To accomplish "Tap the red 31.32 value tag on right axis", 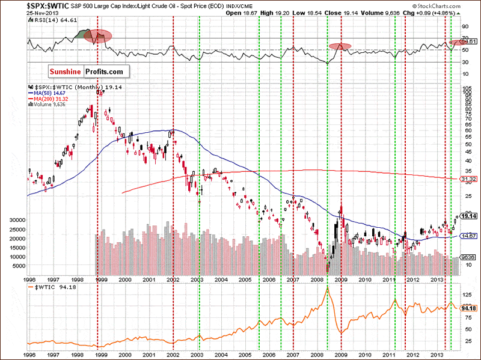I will pos(468,179).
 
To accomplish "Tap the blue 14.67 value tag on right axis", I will pos(468,236).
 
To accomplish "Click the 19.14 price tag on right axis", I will pos(468,216).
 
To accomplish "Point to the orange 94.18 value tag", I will pos(468,308).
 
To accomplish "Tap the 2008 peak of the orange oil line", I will pos(327,288).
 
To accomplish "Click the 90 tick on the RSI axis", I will pos(465,26).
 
